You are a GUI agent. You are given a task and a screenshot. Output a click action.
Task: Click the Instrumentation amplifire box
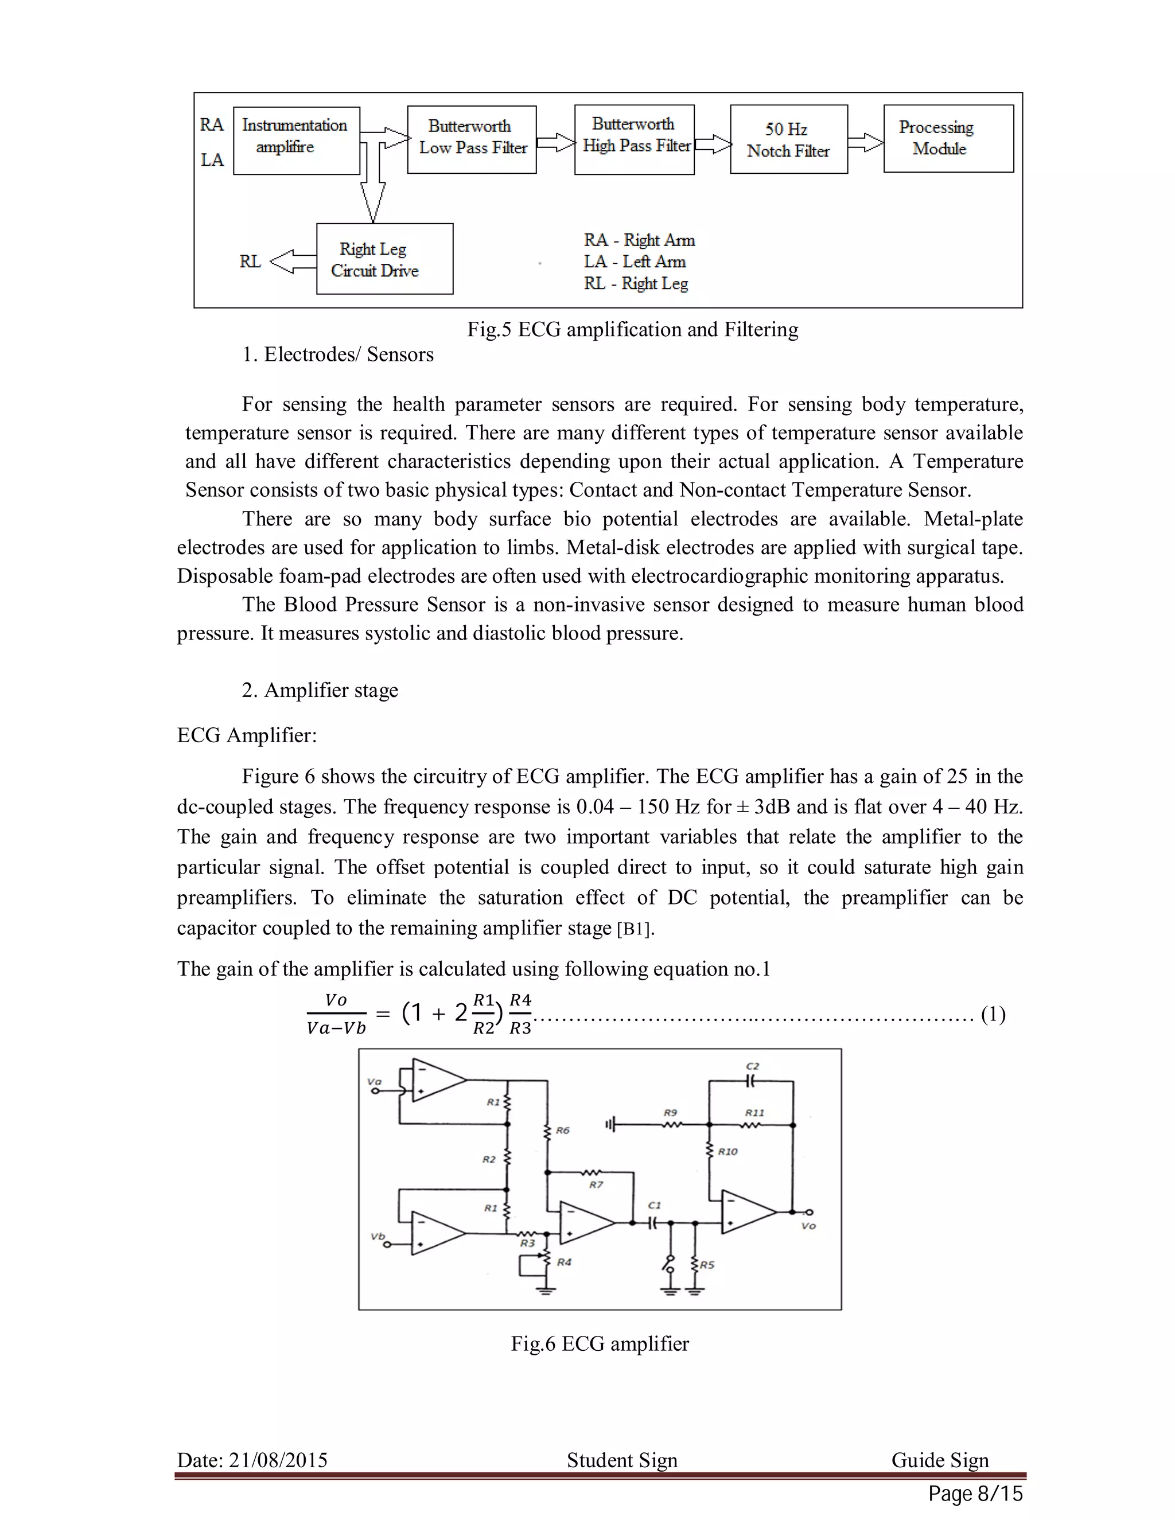297,140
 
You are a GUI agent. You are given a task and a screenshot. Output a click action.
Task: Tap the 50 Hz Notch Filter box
788,139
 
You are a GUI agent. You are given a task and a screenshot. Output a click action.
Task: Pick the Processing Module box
947,138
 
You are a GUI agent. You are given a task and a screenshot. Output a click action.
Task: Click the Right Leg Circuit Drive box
384,259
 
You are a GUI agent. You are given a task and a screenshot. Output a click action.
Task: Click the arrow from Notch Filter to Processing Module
865,142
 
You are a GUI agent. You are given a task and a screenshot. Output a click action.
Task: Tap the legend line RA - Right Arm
639,240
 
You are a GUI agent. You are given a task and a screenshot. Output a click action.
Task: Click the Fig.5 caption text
632,329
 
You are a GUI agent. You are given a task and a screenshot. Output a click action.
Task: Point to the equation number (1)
993,1014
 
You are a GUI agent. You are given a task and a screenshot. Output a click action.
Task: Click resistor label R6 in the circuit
562,1131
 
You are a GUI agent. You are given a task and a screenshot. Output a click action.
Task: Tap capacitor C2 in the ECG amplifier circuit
751,1081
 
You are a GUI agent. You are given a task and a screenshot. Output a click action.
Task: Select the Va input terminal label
374,1082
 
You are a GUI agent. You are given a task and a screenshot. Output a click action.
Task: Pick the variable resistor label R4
564,1262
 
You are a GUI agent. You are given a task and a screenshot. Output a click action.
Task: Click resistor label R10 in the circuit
727,1152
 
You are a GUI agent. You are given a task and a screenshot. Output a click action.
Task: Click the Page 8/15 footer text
975,1494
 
